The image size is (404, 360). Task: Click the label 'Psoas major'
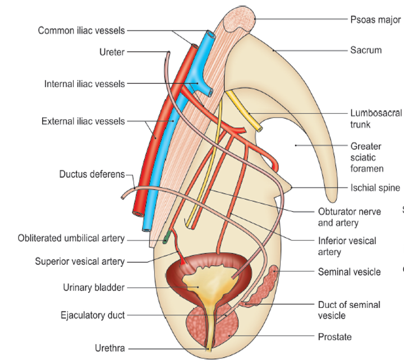(x=375, y=20)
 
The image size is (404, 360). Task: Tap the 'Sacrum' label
(x=366, y=50)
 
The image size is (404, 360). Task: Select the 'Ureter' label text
(x=112, y=52)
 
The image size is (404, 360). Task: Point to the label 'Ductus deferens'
(x=92, y=174)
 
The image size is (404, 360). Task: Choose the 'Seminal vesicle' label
(x=349, y=272)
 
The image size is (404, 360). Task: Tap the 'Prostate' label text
(x=334, y=337)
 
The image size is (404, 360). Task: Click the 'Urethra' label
(x=109, y=348)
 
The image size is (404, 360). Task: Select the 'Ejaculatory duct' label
(x=93, y=315)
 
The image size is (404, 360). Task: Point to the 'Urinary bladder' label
(x=93, y=288)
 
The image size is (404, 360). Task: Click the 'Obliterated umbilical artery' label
(x=71, y=238)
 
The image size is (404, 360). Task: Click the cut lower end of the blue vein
(x=148, y=226)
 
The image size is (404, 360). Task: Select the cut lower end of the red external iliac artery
(x=137, y=213)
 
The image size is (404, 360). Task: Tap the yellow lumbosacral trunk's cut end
(x=259, y=128)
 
